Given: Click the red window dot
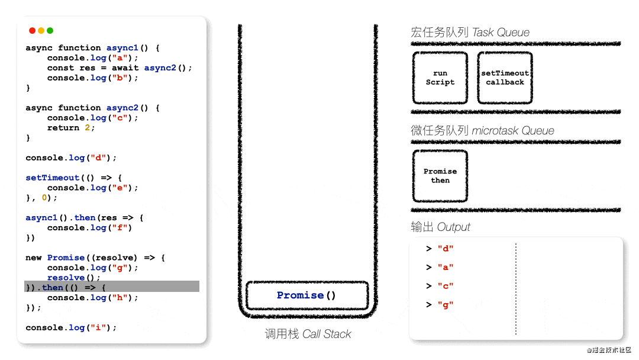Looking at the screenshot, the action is [x=32, y=31].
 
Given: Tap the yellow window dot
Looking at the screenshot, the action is [x=41, y=31].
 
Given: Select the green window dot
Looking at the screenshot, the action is [x=50, y=31].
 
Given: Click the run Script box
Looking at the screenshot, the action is [x=440, y=78].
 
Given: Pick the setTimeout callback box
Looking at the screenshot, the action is [x=505, y=78].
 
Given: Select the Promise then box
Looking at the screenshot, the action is [x=440, y=176].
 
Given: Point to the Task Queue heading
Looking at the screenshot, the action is [x=470, y=32].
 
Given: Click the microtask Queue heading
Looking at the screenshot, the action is [x=482, y=130].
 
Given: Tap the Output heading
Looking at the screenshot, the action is [x=440, y=227].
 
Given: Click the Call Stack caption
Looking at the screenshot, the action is [x=308, y=334].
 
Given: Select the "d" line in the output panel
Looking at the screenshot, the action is [x=440, y=249].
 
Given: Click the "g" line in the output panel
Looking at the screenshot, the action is [x=440, y=305].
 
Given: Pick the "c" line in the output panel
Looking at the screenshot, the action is [x=440, y=286].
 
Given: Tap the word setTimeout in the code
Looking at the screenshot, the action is [x=52, y=178].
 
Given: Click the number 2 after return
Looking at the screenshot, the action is [x=87, y=128].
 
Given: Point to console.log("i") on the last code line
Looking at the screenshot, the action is [x=71, y=328].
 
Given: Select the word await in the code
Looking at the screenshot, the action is [x=125, y=67].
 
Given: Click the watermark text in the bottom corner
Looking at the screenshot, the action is [x=609, y=350].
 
